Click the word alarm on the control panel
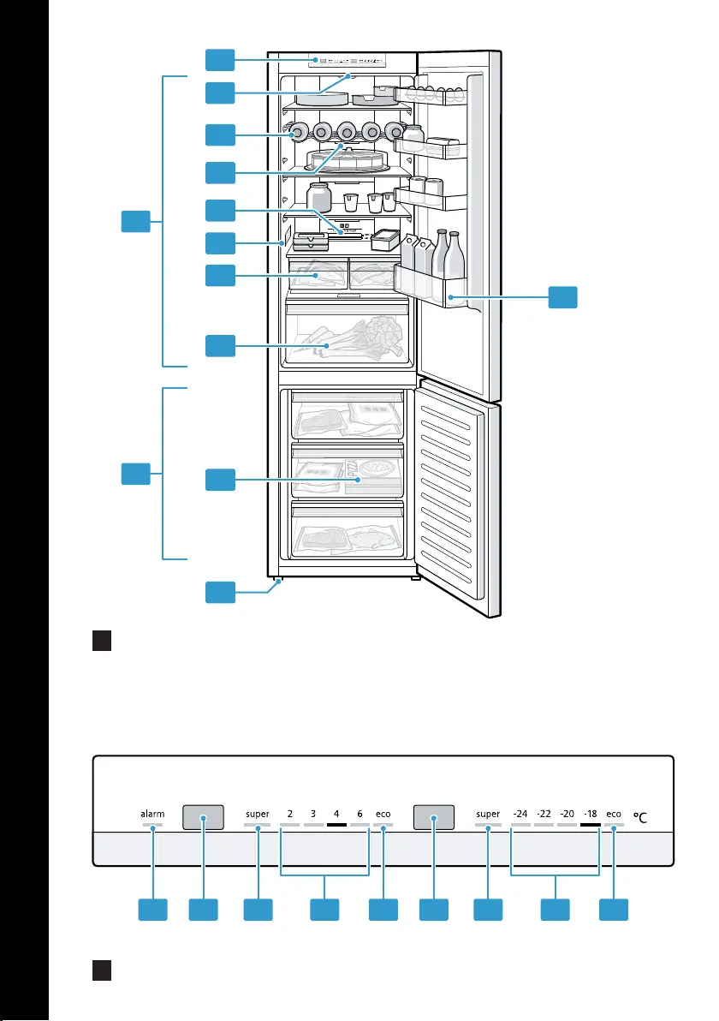(152, 814)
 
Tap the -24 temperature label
(520, 814)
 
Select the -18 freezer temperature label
(590, 814)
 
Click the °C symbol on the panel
(640, 817)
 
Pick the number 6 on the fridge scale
(359, 814)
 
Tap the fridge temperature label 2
(290, 814)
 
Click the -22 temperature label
(544, 814)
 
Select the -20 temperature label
(567, 814)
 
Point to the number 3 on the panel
(313, 814)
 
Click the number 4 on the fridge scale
(336, 814)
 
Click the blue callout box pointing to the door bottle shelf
(563, 297)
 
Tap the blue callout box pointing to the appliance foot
(220, 592)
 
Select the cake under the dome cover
(346, 158)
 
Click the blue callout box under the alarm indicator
(153, 910)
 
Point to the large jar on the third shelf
(318, 197)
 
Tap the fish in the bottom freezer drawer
(372, 539)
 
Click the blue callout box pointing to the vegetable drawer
(220, 346)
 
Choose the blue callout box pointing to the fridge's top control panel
(220, 60)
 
